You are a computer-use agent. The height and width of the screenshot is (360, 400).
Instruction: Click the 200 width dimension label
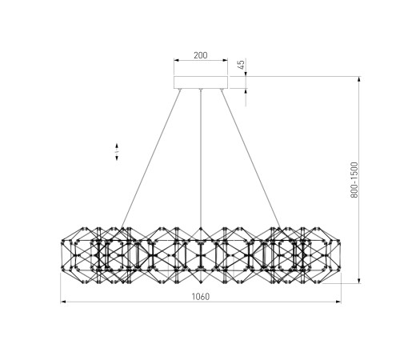pyautogui.click(x=201, y=55)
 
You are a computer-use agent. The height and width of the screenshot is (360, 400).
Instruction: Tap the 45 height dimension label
pyautogui.click(x=241, y=65)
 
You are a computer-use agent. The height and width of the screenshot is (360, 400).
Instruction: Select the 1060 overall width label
pyautogui.click(x=201, y=296)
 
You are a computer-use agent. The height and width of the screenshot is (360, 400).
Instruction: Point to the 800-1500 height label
pyautogui.click(x=354, y=180)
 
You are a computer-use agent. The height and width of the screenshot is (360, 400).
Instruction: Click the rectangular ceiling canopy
pyautogui.click(x=201, y=82)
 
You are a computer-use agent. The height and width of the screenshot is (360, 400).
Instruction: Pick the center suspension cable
pyautogui.click(x=201, y=158)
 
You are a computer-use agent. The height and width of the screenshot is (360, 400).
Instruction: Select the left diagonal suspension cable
pyautogui.click(x=151, y=159)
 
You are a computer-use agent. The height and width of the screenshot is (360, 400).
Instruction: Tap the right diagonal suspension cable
pyautogui.click(x=250, y=159)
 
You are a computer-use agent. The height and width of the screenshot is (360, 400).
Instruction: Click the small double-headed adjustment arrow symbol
pyautogui.click(x=117, y=152)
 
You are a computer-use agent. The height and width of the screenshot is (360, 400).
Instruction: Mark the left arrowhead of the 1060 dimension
pyautogui.click(x=63, y=302)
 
